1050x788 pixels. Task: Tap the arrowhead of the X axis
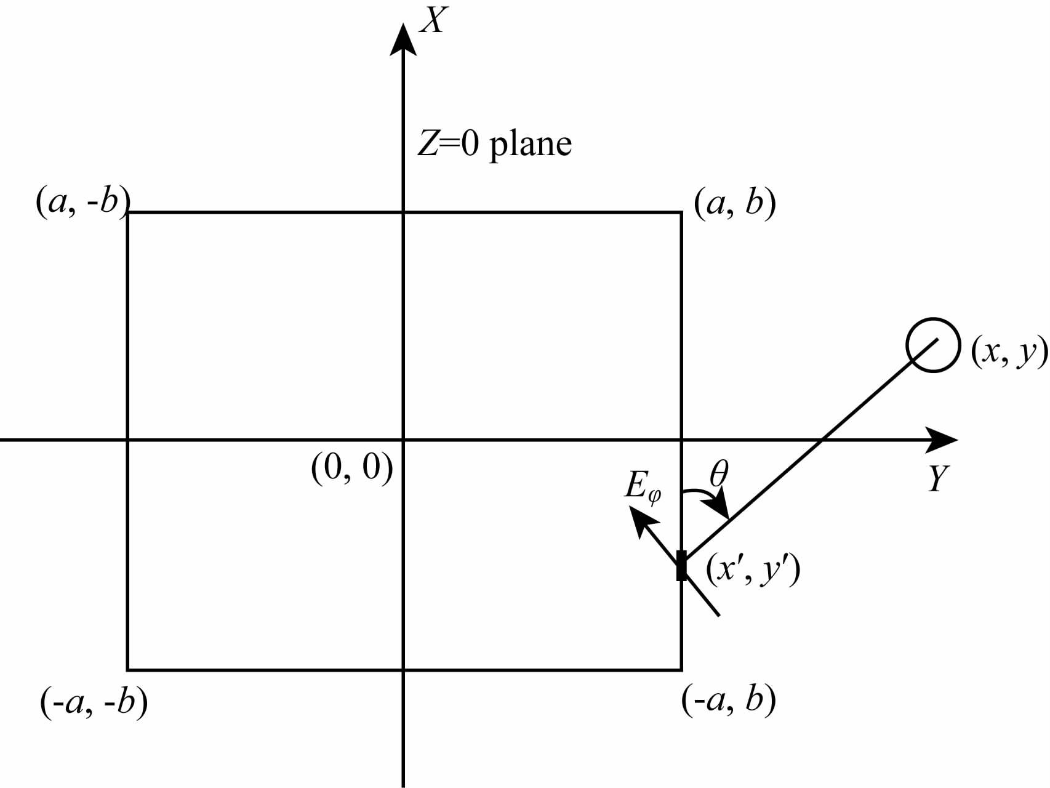coord(403,40)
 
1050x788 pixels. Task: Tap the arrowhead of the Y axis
coord(942,440)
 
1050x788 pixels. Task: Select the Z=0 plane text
coord(495,145)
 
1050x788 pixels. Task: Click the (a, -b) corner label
coord(82,202)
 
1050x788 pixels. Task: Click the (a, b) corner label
coord(734,203)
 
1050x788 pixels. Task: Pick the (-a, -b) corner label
coord(94,702)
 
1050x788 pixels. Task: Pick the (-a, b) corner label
coord(728,700)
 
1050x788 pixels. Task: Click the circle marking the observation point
coord(933,345)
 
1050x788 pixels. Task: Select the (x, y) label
coord(1008,352)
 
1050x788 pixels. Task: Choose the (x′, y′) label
coord(752,570)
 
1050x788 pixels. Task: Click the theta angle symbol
coord(718,474)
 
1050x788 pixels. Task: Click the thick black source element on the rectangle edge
coord(681,566)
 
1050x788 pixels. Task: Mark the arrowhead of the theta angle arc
coord(720,510)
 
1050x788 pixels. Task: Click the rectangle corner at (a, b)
coord(681,213)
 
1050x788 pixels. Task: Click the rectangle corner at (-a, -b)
coord(128,669)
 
